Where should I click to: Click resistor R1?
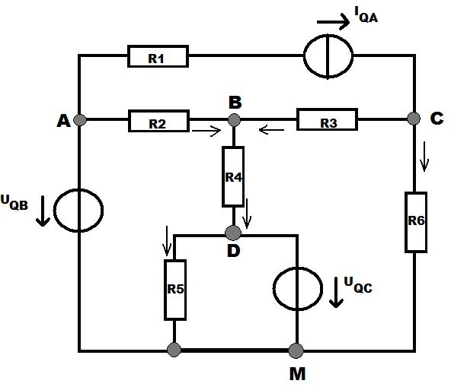click(x=158, y=56)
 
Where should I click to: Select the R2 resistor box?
click(x=158, y=121)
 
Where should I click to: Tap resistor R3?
click(x=328, y=119)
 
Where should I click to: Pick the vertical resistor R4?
click(x=233, y=176)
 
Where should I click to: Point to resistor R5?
click(x=175, y=290)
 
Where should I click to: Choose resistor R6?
click(x=416, y=222)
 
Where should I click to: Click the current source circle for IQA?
click(x=328, y=56)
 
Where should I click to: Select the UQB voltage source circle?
click(x=78, y=210)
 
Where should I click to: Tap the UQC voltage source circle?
click(x=298, y=289)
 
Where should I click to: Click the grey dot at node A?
click(x=80, y=119)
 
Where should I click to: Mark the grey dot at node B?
click(x=234, y=119)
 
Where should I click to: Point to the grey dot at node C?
click(x=414, y=119)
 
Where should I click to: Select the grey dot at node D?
click(x=233, y=233)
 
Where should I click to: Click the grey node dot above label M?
click(x=296, y=350)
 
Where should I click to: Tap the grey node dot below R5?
click(x=174, y=350)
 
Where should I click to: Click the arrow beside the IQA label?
click(x=333, y=21)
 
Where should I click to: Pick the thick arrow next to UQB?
click(x=43, y=211)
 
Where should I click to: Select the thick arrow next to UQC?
click(x=336, y=292)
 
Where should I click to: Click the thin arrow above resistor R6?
click(x=424, y=156)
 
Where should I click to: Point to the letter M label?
click(x=297, y=374)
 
